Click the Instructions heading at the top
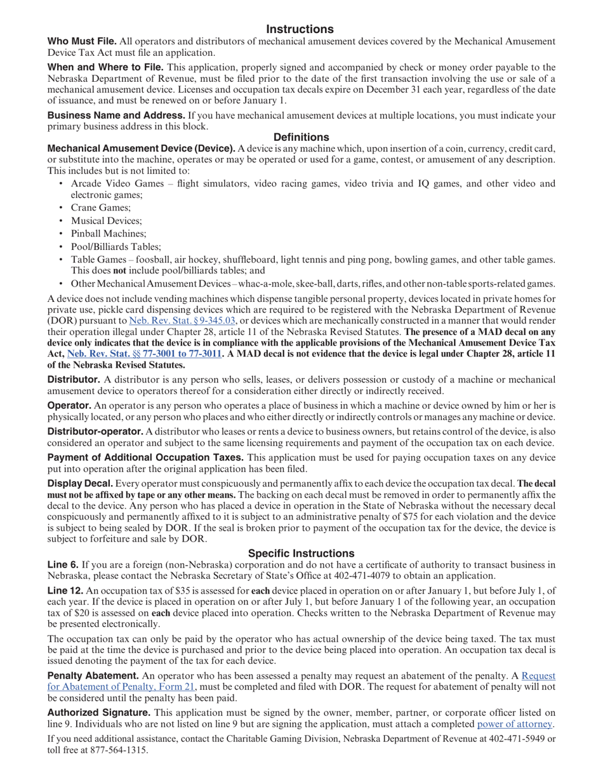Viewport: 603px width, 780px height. point(300,29)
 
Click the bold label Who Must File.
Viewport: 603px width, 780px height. point(82,41)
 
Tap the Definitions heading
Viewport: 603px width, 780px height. point(301,137)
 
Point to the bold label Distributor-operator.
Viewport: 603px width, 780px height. point(95,431)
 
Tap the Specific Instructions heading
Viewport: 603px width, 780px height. point(301,553)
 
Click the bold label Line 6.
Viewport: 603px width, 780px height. point(63,564)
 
